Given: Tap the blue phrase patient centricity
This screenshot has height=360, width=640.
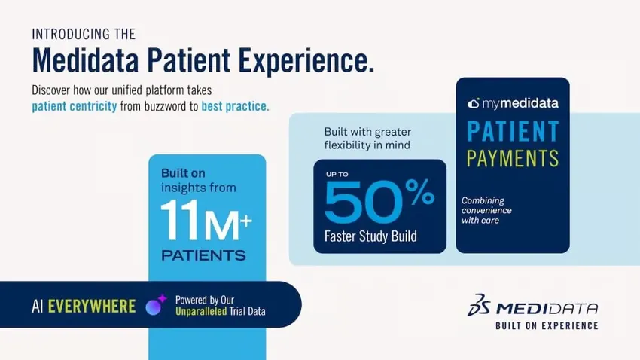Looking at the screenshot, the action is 75,106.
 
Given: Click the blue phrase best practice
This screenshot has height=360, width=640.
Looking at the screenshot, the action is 235,106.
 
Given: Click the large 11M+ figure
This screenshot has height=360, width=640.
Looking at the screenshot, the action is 206,221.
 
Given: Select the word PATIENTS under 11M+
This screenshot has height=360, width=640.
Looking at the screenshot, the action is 204,255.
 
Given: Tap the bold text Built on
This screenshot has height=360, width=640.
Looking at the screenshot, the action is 183,173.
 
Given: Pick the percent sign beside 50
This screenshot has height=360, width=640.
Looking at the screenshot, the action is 419,191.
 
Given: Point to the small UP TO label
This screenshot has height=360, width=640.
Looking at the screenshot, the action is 337,174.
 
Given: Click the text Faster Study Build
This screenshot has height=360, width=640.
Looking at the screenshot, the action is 370,236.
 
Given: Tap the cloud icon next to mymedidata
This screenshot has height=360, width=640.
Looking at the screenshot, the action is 474,103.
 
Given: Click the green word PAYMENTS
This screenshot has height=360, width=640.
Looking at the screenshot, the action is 513,158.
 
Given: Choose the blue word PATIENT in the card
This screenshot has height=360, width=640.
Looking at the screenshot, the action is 513,131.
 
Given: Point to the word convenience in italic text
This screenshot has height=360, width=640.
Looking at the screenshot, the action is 486,210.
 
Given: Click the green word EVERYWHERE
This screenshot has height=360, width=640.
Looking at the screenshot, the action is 92,306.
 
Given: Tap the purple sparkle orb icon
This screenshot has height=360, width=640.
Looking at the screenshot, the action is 156,305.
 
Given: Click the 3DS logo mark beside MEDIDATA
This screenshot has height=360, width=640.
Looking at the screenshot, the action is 478,305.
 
